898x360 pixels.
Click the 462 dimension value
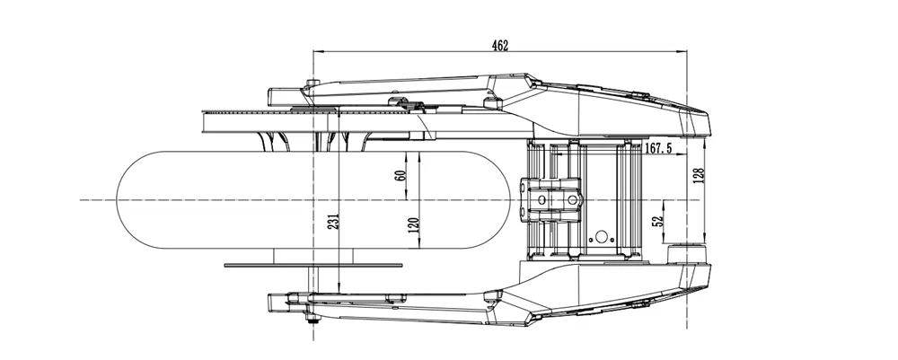click(501, 46)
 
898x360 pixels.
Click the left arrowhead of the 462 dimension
click(316, 53)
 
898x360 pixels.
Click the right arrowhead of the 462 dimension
click(683, 53)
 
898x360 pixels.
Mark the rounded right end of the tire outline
click(523, 198)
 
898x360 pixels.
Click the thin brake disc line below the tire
click(314, 265)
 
